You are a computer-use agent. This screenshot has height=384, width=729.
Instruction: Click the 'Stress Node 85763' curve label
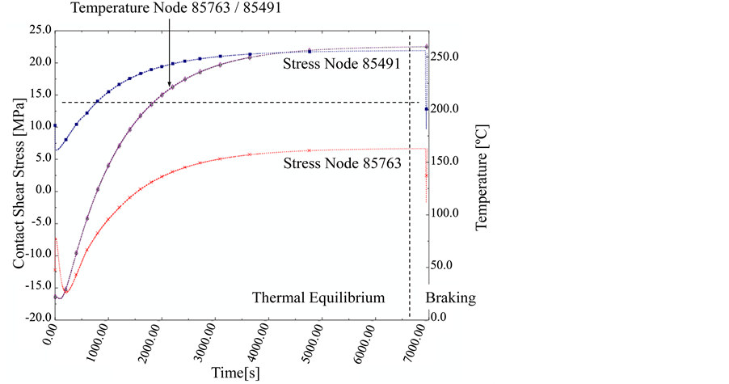pyautogui.click(x=342, y=164)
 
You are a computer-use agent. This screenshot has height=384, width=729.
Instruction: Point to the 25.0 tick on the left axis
pyautogui.click(x=39, y=31)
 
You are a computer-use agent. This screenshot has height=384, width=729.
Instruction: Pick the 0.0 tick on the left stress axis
pyautogui.click(x=40, y=191)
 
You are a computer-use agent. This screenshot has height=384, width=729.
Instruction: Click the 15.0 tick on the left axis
pyautogui.click(x=39, y=95)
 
